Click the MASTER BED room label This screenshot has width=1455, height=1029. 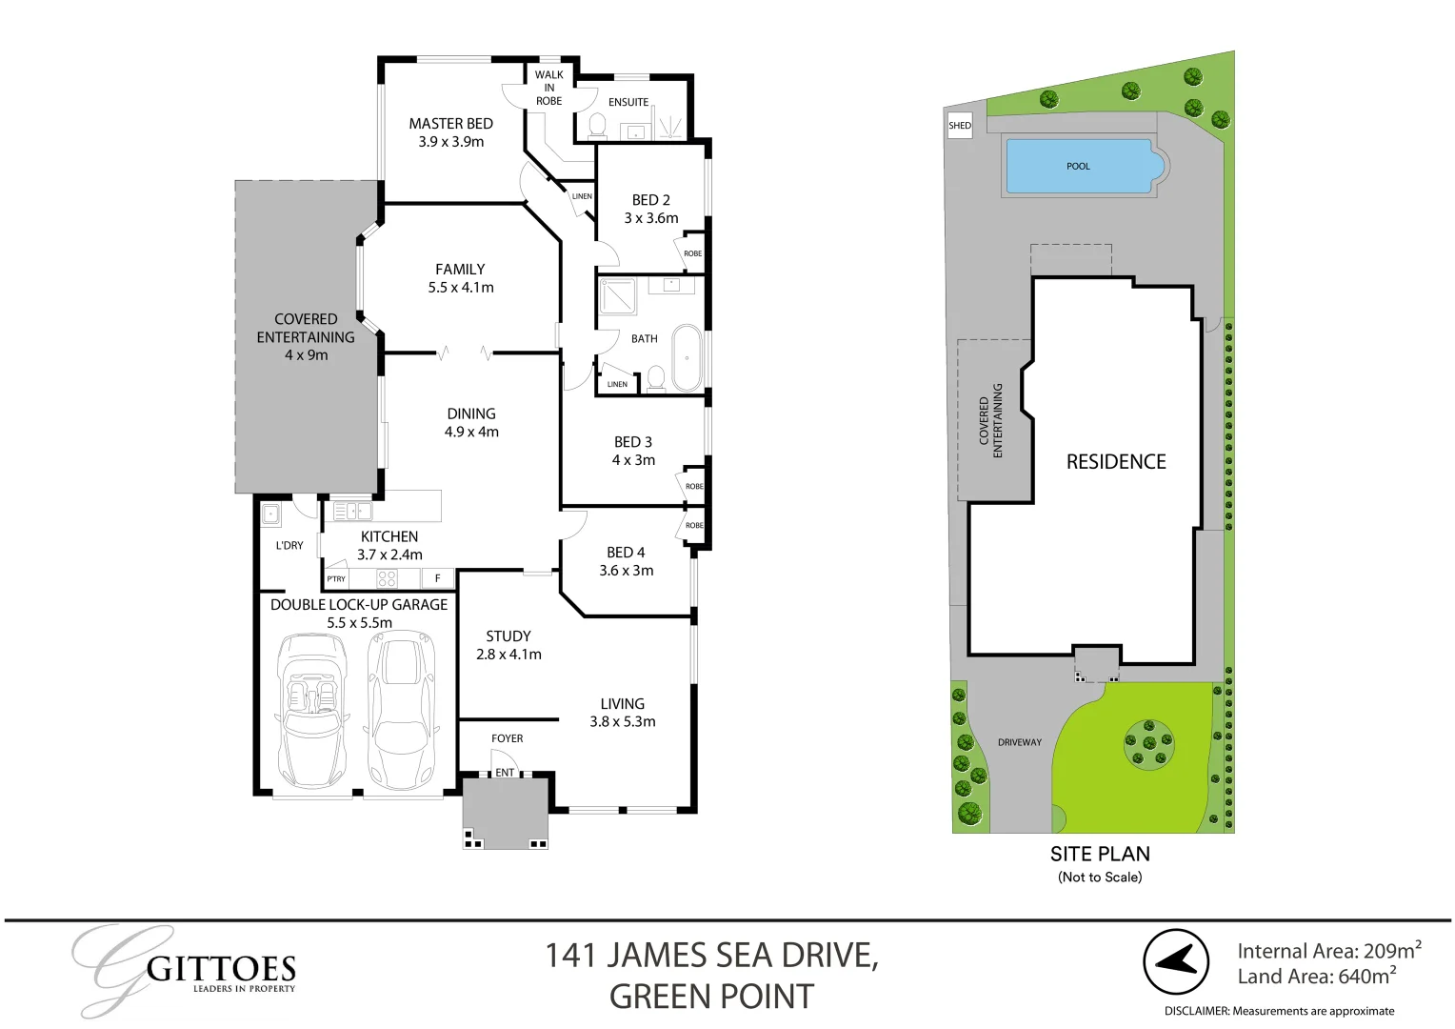coord(450,124)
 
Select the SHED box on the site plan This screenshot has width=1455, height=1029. coord(960,126)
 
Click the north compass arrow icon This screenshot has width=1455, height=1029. coord(1176,961)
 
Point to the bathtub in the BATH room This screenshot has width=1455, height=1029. coord(687,358)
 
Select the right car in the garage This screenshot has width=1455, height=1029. coord(402,709)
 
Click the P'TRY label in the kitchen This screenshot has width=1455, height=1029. coord(336,579)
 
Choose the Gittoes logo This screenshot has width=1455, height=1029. coord(185,970)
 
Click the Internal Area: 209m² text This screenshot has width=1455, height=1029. coord(1328,951)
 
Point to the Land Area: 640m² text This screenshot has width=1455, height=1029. coord(1316,977)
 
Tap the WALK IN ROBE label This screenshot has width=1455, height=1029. coord(548,88)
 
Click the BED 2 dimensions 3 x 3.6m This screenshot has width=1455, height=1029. coord(651,218)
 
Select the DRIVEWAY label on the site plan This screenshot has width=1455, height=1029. coord(1019,742)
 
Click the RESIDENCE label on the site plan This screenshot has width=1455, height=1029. coord(1116,462)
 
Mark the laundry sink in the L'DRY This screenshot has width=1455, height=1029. coord(272,515)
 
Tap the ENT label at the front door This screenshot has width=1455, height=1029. coord(505,773)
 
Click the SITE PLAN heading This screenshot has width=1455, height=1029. coord(1100,854)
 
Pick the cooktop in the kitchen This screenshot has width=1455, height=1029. coord(387,578)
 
